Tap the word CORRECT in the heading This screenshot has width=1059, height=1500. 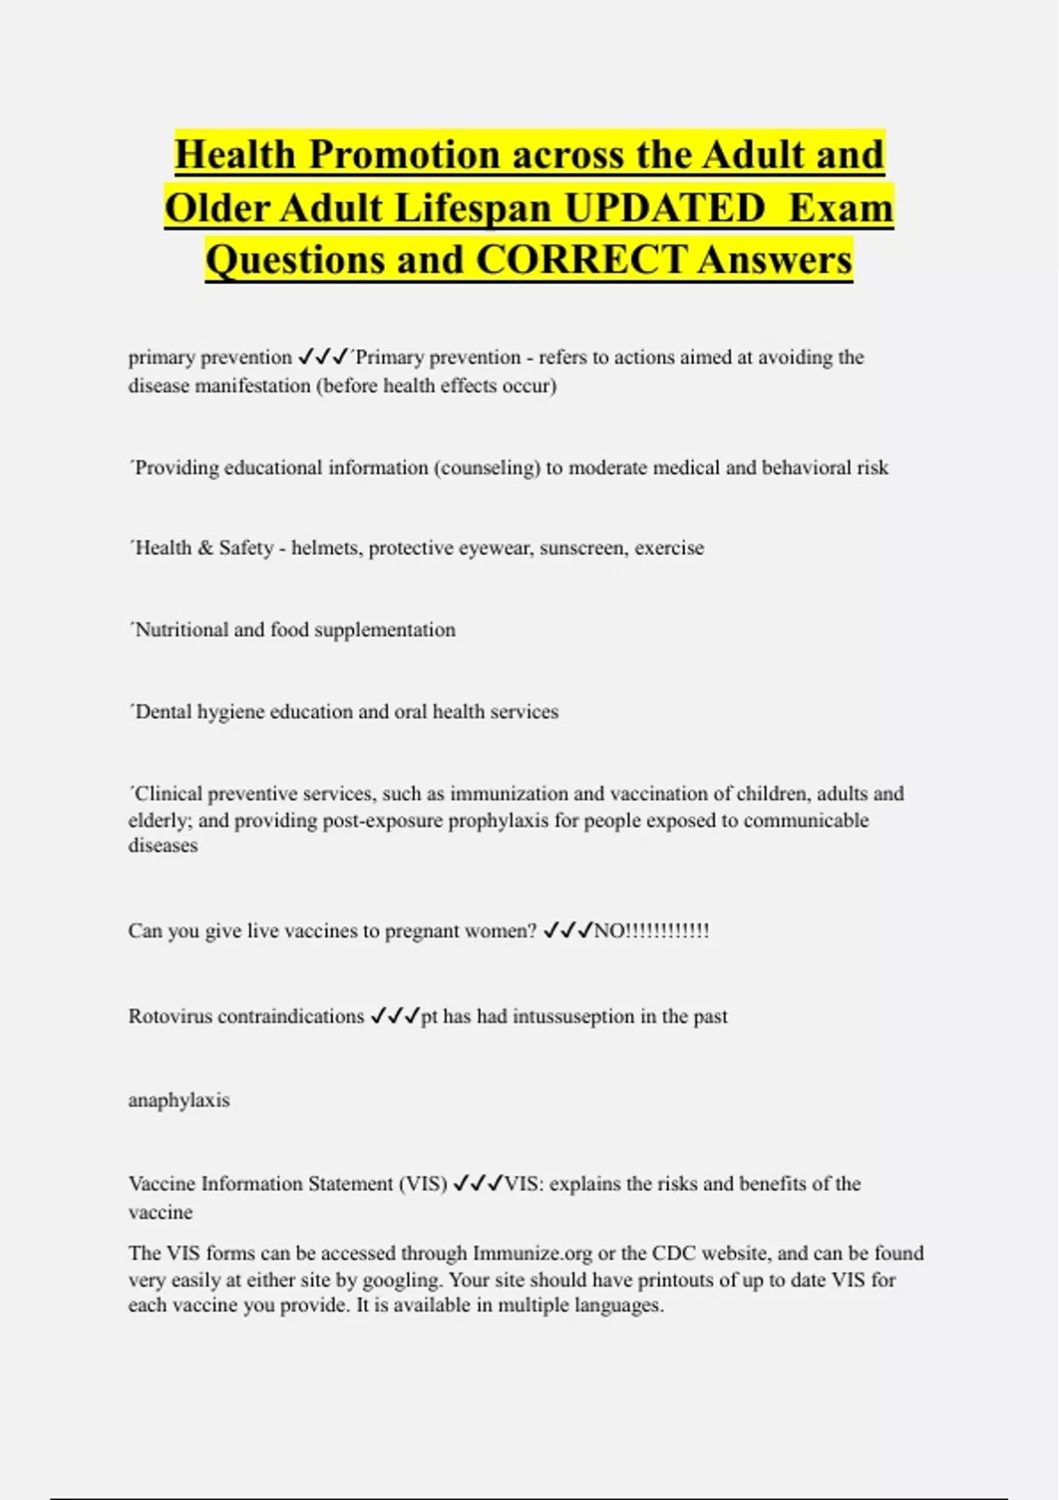pyautogui.click(x=581, y=259)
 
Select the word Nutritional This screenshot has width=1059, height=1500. pyautogui.click(x=184, y=630)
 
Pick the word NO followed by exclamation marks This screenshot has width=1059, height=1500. pyautogui.click(x=651, y=931)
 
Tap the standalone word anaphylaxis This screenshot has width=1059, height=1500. pyautogui.click(x=179, y=1100)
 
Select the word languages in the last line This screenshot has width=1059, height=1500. pyautogui.click(x=617, y=1306)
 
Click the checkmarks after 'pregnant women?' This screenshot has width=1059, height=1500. pyautogui.click(x=567, y=931)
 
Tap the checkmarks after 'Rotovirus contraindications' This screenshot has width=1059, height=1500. pyautogui.click(x=394, y=1016)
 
